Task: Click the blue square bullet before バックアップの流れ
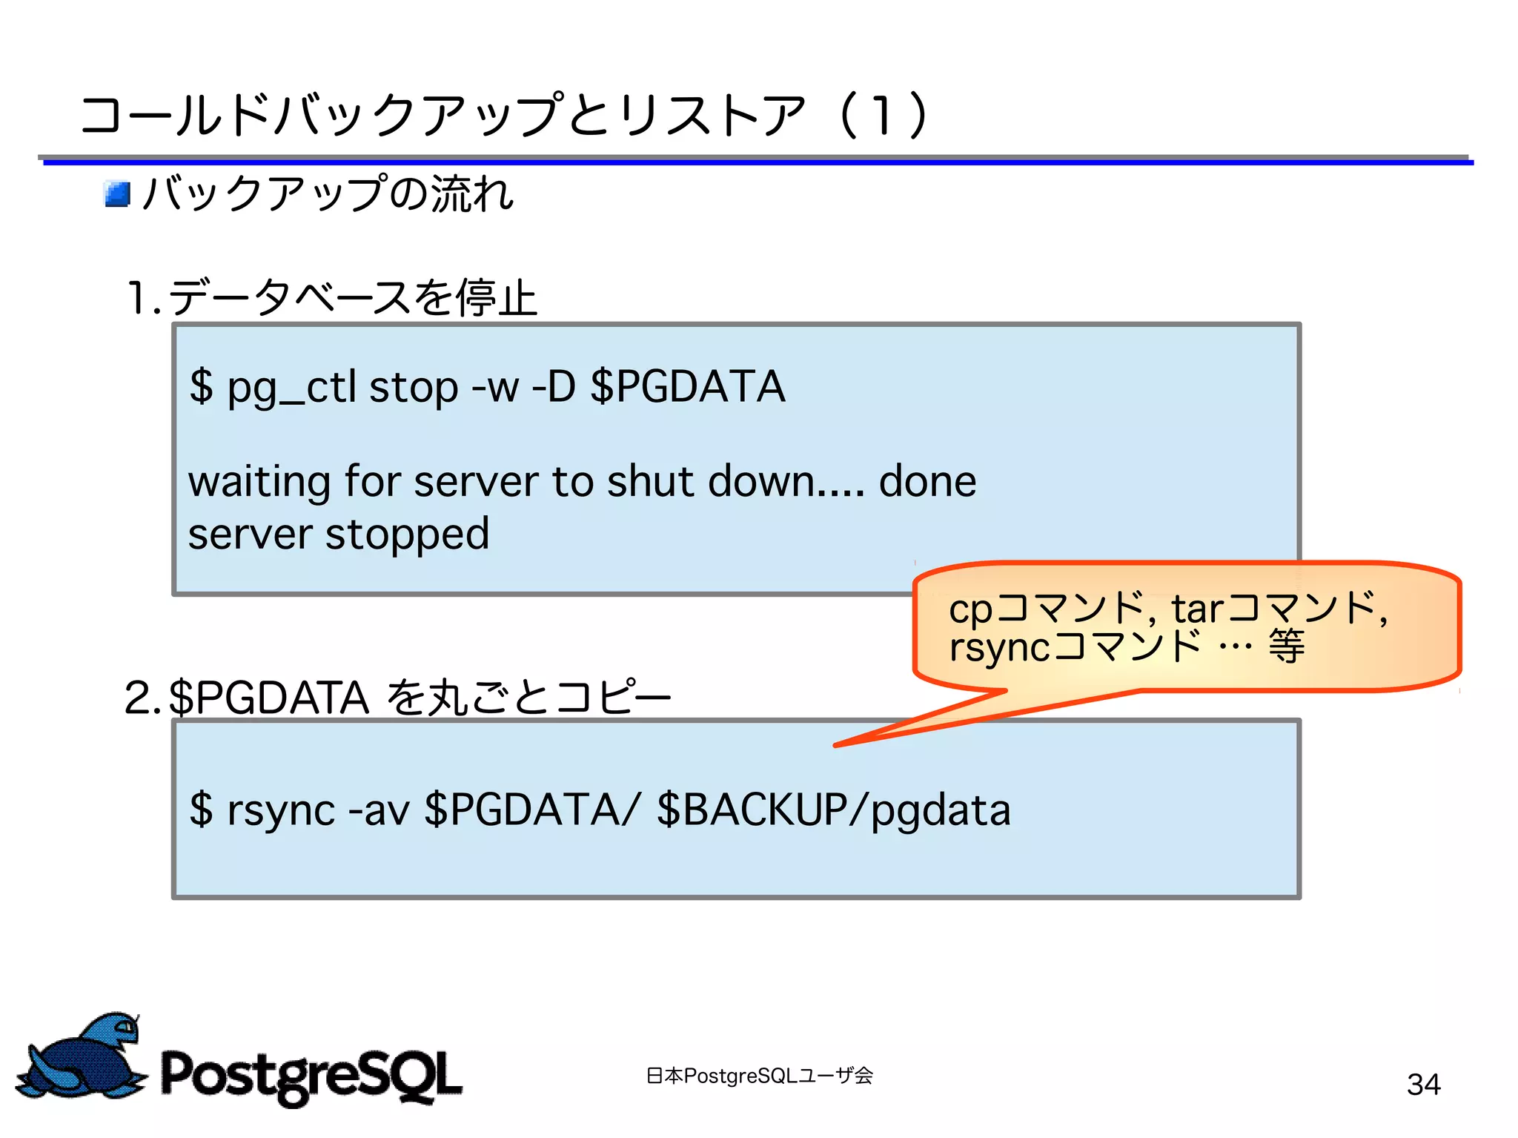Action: pos(117,194)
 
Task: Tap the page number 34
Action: pos(1423,1085)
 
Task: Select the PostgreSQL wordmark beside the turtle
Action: pos(311,1075)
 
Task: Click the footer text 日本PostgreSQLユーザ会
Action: pos(759,1076)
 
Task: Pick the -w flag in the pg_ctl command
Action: pos(495,388)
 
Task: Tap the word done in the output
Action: pos(927,482)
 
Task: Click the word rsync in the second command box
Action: pos(281,810)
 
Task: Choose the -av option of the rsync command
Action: pos(378,810)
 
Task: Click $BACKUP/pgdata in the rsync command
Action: pos(833,810)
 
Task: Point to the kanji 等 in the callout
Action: pos(1286,646)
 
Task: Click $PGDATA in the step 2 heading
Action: pos(269,698)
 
